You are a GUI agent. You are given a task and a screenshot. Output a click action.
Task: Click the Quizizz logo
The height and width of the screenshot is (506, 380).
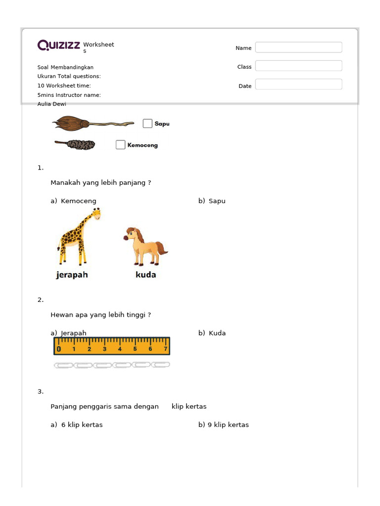point(58,46)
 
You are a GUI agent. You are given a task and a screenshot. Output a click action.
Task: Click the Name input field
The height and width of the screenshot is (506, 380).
point(298,47)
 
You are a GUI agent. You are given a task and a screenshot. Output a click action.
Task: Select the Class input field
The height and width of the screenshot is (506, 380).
point(298,66)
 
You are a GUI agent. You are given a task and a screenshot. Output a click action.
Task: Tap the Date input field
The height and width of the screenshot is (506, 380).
point(298,84)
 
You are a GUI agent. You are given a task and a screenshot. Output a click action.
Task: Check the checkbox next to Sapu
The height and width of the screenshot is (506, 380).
point(147,124)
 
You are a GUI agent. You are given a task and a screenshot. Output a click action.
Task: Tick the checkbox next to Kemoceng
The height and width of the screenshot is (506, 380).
point(120,145)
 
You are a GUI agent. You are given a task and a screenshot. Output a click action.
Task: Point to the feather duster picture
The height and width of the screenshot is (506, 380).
point(76,145)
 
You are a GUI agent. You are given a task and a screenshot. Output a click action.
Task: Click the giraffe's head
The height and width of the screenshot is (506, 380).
point(95,214)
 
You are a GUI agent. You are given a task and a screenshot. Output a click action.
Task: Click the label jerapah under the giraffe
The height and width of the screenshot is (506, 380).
point(72,275)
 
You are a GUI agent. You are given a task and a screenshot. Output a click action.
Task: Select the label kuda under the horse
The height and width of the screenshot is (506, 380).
point(145,275)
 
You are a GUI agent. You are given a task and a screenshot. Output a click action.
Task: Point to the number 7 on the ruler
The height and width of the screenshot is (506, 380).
point(165,349)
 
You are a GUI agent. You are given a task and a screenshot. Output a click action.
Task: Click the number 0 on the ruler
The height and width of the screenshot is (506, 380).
point(59,349)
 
